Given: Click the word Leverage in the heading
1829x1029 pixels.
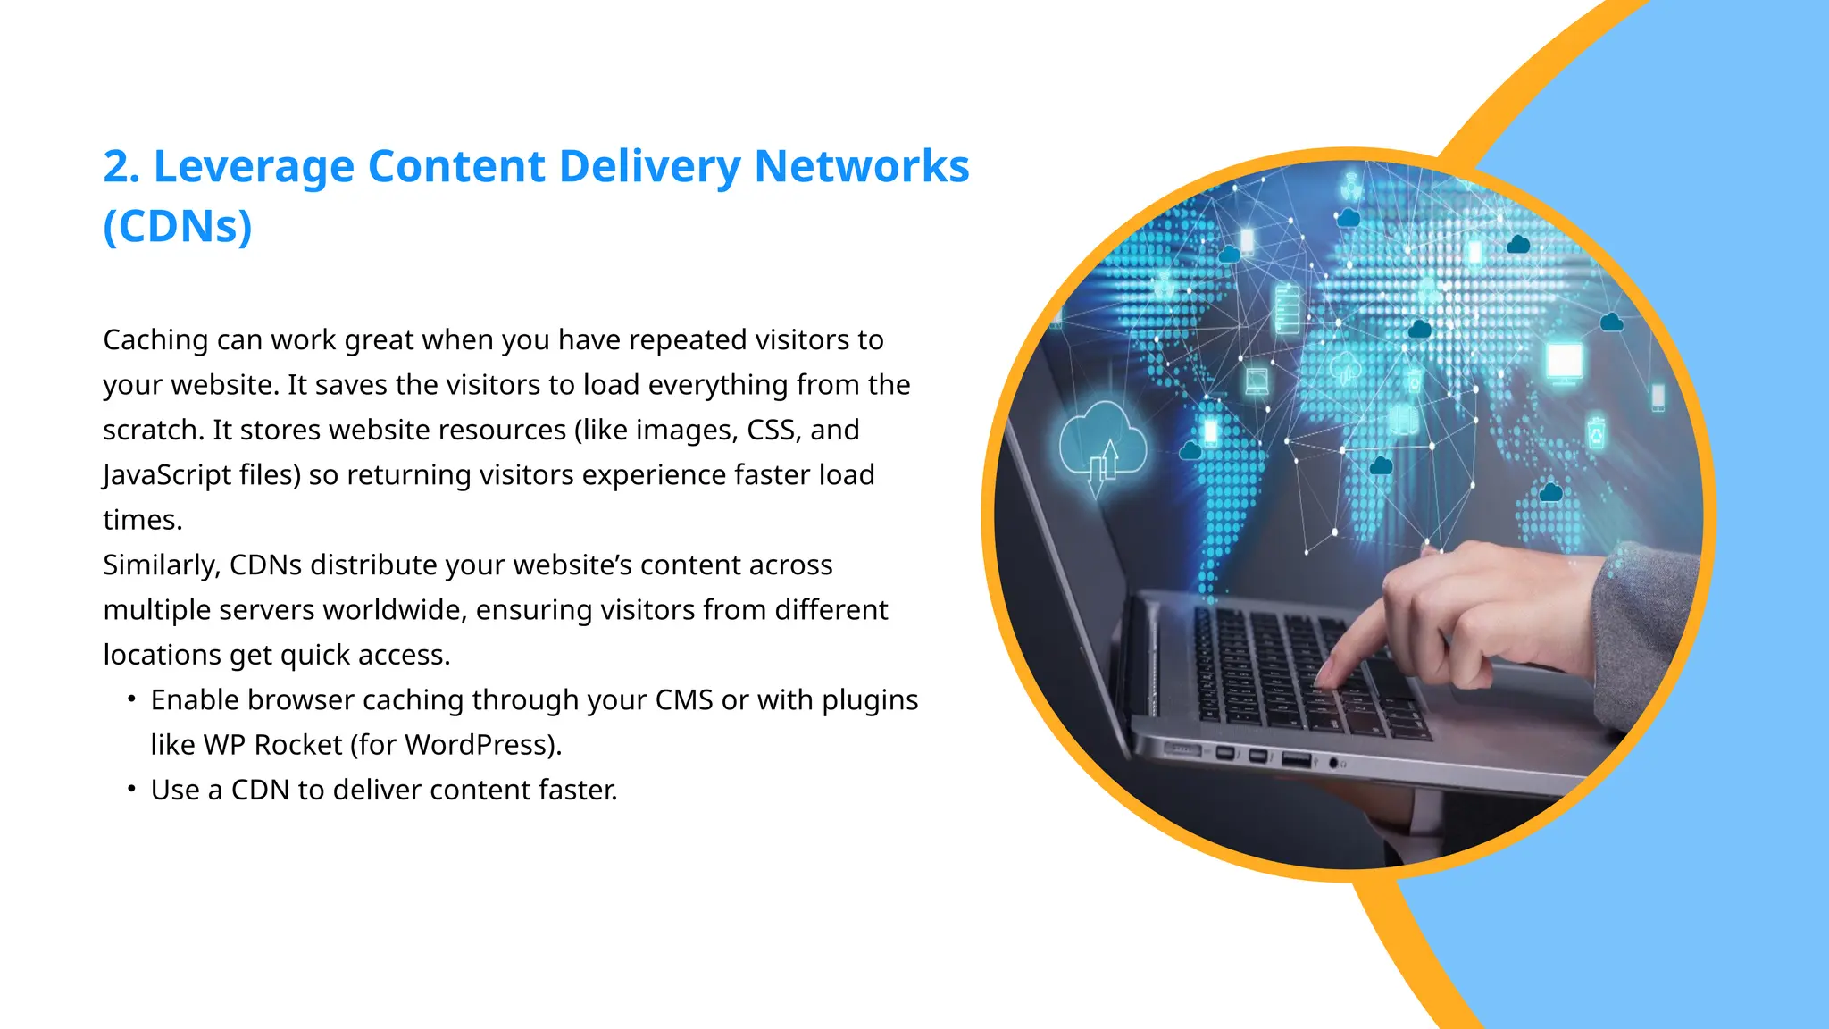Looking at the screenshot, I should tap(254, 168).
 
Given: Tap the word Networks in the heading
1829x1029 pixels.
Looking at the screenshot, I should tap(861, 166).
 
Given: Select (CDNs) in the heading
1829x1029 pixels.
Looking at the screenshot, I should tap(178, 226).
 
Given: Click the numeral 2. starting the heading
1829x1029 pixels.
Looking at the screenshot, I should tap(121, 167).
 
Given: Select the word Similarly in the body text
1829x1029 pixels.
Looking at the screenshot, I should tap(160, 565).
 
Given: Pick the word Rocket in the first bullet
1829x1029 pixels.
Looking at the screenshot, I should tap(298, 745).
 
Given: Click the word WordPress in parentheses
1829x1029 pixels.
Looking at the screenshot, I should tap(478, 745).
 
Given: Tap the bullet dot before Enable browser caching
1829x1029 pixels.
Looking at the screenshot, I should tap(131, 699).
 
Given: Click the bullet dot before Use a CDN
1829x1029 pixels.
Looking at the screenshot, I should tap(131, 789).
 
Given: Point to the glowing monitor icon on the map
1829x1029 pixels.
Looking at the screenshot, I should tap(1564, 362).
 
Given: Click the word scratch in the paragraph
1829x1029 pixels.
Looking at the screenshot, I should tap(152, 431).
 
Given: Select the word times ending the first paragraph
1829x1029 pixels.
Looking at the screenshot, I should tap(141, 520).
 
